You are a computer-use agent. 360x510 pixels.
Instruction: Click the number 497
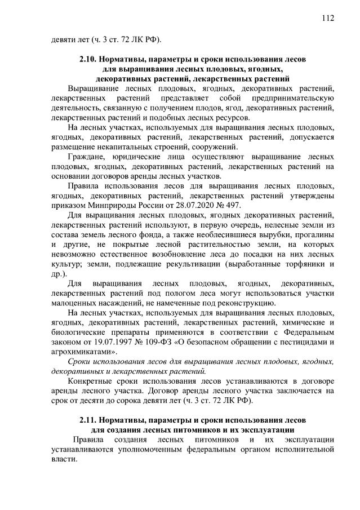point(233,205)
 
